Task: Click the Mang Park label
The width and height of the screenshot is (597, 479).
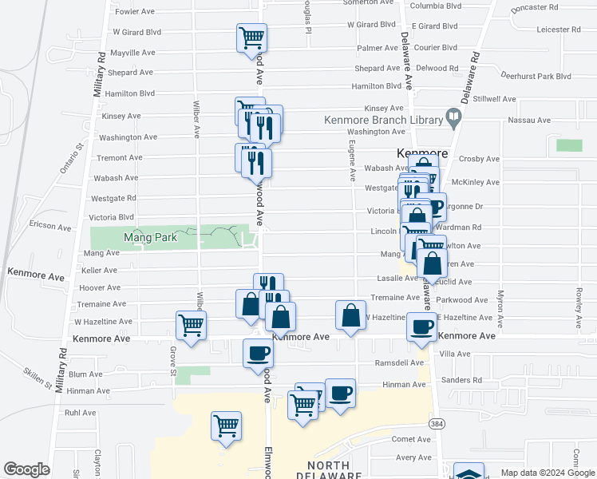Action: [141, 238]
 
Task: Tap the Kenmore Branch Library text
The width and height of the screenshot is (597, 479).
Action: [383, 121]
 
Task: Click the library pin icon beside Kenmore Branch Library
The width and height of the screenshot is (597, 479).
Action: [454, 120]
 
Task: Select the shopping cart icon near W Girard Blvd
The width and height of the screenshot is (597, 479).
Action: [251, 37]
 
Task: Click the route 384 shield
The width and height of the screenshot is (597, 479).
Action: [436, 422]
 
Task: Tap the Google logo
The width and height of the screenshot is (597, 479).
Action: [26, 469]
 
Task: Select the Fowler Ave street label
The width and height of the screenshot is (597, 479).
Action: [134, 12]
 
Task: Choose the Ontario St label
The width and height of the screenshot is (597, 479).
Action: [70, 159]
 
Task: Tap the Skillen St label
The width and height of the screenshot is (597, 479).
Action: [38, 378]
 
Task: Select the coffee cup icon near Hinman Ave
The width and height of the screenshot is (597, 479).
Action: [340, 393]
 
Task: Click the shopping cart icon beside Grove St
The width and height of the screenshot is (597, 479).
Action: [192, 325]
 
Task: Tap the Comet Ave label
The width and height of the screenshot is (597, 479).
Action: [411, 440]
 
